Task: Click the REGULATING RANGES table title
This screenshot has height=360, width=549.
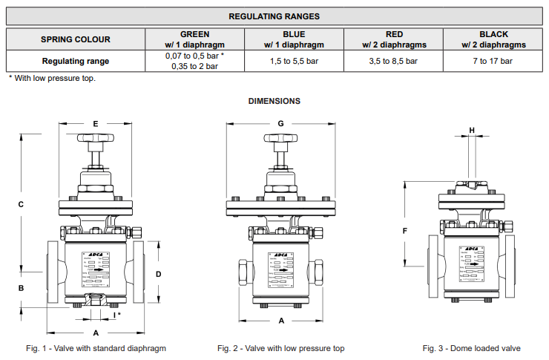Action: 274,16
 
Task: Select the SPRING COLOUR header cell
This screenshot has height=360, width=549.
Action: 76,39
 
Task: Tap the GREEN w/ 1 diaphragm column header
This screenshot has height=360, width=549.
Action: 195,39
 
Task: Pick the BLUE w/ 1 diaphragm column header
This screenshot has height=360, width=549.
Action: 294,39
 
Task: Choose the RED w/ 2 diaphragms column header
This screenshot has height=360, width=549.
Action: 394,39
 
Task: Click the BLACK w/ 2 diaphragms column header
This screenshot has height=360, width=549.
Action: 493,39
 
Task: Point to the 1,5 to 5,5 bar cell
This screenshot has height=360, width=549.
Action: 294,62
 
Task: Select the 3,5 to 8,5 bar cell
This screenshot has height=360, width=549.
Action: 394,62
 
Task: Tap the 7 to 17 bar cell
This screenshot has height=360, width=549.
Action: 493,62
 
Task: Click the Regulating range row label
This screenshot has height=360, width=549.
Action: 76,62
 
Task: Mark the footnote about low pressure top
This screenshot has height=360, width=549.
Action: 53,78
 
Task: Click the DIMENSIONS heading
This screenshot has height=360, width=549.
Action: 274,101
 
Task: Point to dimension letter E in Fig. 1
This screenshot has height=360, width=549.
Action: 96,123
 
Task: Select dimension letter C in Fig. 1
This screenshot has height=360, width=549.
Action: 22,204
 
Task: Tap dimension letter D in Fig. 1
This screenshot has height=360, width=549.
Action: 158,274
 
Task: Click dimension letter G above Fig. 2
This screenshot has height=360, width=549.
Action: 281,123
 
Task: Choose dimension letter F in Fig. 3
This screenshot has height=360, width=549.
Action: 405,231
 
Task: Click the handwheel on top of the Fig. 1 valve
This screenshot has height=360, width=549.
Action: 96,139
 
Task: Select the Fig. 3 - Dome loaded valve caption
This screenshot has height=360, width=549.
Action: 472,348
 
